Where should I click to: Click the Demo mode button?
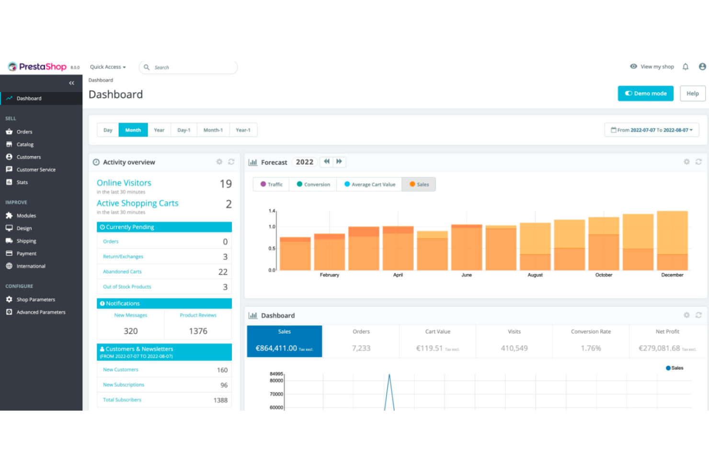(x=645, y=93)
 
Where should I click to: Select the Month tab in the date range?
(x=133, y=130)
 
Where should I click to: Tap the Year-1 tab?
(x=243, y=130)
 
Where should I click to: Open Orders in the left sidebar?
(x=24, y=132)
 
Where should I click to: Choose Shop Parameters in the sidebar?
(x=35, y=300)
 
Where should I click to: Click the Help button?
(x=692, y=93)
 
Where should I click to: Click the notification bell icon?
(x=686, y=67)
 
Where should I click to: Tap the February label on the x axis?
(x=330, y=275)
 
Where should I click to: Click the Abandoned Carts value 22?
(x=223, y=272)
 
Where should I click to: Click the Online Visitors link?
(x=124, y=183)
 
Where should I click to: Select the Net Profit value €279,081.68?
(x=659, y=348)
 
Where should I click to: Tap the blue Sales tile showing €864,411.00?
(x=285, y=341)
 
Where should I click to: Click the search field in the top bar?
(x=192, y=68)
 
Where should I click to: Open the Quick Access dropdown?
(x=108, y=67)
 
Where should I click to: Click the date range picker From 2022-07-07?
(x=652, y=130)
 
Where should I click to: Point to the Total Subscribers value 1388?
(x=220, y=400)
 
